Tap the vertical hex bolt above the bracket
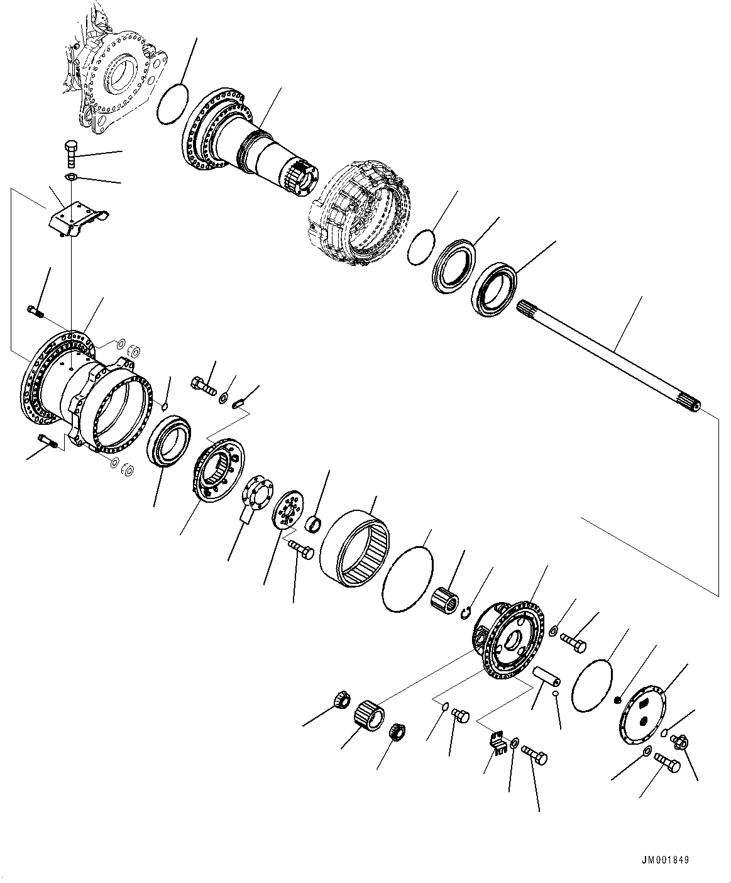pos(70,156)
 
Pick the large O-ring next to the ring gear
pos(407,578)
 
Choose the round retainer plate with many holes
pos(289,509)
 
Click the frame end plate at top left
pos(116,79)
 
